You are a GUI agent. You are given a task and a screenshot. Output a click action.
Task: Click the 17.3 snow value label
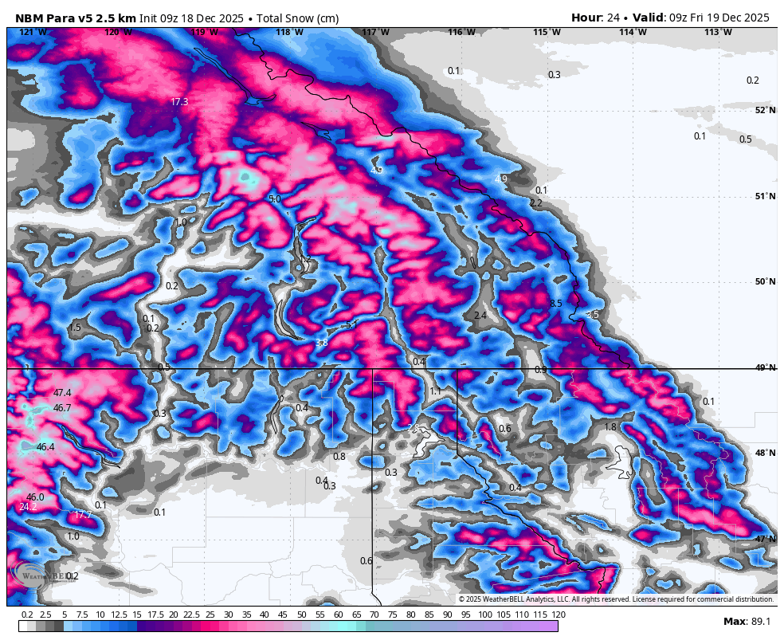click(179, 102)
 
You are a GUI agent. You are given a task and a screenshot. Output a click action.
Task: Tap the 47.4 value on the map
click(62, 393)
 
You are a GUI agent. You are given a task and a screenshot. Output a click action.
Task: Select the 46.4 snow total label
click(45, 447)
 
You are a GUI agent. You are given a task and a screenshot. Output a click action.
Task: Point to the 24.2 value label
click(28, 507)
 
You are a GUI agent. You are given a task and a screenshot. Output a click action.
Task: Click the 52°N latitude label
click(765, 110)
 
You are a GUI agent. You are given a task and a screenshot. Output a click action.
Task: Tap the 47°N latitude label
click(765, 539)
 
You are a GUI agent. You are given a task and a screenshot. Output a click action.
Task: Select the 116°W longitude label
click(461, 32)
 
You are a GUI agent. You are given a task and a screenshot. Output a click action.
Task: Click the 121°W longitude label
click(33, 32)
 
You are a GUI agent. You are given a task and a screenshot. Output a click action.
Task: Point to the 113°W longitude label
click(718, 32)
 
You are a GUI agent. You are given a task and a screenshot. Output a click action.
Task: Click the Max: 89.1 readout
click(746, 622)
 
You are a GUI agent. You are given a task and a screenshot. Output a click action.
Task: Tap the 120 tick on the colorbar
click(558, 615)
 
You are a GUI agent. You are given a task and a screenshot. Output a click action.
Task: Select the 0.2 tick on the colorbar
click(26, 615)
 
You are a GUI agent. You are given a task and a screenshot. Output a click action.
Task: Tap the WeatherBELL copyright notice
click(616, 599)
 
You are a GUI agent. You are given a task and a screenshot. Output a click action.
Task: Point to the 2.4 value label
click(480, 316)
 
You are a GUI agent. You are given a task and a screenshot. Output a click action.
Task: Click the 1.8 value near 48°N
click(610, 427)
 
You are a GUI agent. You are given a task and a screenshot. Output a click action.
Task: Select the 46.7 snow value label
click(62, 408)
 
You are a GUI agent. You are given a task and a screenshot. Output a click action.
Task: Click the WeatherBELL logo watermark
click(36, 575)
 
